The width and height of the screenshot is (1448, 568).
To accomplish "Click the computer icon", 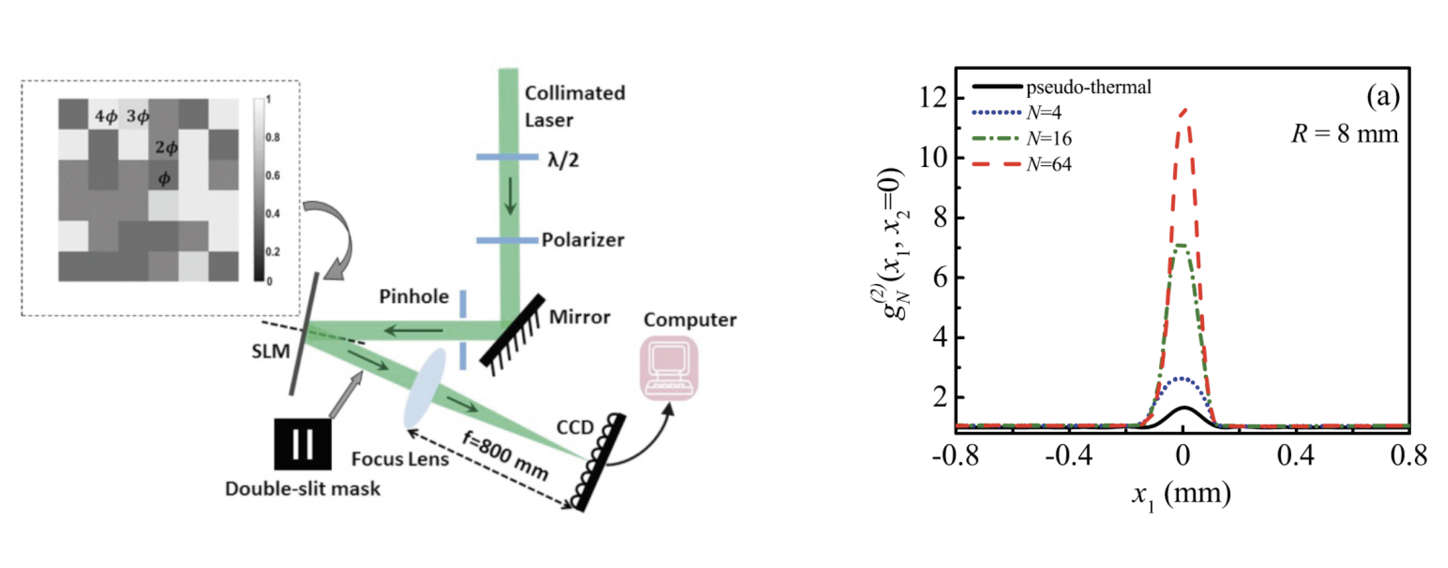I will coord(669,369).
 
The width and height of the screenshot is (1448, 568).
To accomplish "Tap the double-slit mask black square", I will coord(302,443).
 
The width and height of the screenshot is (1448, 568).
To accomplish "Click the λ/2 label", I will coord(563,159).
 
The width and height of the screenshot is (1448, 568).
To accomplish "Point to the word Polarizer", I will coord(582,240).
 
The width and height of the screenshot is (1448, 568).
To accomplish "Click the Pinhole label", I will coord(413,297).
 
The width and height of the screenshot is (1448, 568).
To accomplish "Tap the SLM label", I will coord(271,351).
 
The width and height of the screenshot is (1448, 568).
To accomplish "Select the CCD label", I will coord(575,428).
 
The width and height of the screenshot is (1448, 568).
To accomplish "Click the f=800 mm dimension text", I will coord(505,456).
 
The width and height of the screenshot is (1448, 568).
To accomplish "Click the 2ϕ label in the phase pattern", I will coord(166,147).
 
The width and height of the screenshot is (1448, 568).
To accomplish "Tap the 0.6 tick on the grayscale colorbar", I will coord(272,175).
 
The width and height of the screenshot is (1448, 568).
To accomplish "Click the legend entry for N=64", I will coord(1049,165).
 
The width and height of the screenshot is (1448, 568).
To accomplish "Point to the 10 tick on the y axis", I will coord(934,158).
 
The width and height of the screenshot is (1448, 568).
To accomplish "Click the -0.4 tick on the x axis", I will coord(1069,456).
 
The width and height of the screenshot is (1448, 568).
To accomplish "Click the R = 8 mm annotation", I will coord(1344,135).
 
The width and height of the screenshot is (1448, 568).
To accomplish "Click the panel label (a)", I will coord(1383,97).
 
